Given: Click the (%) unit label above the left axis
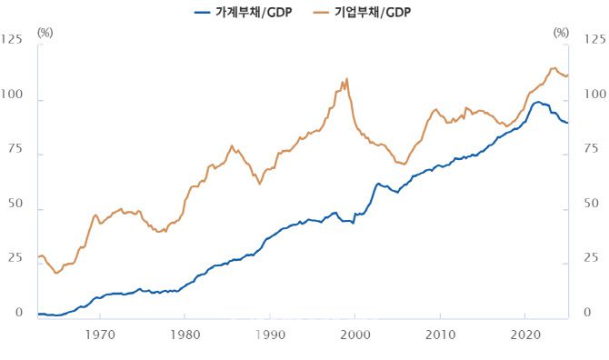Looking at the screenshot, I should click(46, 32).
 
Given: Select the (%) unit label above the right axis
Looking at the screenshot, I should click(561, 32).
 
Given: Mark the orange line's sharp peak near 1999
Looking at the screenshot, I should click(347, 79).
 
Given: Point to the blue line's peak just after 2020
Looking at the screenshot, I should click(538, 102).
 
